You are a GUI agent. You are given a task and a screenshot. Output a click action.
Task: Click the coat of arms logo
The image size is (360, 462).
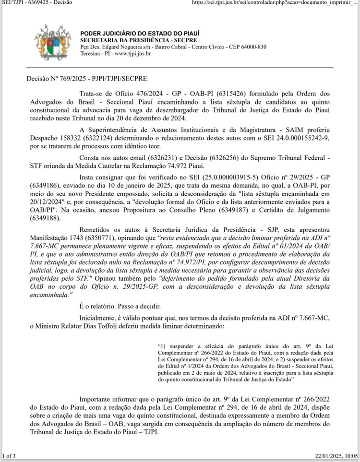[53, 43]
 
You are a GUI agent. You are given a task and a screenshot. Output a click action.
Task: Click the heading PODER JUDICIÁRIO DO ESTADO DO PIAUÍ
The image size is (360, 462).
[140, 33]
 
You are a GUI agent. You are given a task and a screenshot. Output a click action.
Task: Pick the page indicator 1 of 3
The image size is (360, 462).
[9, 455]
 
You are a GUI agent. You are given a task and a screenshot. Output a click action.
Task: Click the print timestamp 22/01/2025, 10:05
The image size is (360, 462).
[336, 455]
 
